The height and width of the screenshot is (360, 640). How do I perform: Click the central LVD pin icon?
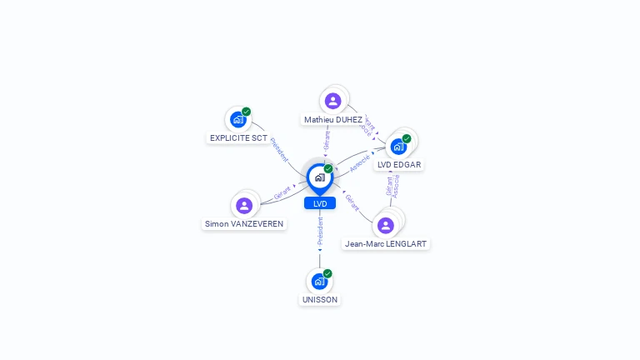pos(319,177)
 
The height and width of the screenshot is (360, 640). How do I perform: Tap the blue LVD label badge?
pos(320,203)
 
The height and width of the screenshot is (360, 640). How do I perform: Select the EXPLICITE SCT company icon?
pos(237,119)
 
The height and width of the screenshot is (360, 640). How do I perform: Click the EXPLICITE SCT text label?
pos(238,137)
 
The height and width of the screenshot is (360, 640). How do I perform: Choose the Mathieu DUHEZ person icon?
pos(333,101)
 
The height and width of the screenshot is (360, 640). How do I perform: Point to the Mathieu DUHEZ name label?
pos(333,120)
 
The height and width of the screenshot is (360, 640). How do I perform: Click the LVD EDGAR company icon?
pos(398,147)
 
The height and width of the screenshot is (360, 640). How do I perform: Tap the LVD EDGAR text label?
pos(399,165)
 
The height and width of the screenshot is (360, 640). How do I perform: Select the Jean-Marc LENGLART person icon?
pos(385,225)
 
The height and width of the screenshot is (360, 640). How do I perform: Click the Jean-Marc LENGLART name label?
pos(386,244)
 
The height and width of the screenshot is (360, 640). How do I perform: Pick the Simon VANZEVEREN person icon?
pos(244,205)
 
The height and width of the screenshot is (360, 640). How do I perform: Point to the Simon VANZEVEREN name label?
pos(244,224)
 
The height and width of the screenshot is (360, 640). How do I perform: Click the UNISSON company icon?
pos(319,282)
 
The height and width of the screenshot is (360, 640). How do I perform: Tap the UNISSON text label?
pos(320,300)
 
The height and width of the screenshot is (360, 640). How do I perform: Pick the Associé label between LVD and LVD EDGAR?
pos(360,163)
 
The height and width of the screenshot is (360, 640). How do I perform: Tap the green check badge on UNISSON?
pos(327,273)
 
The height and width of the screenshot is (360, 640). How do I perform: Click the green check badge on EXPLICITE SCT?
pos(246,112)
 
